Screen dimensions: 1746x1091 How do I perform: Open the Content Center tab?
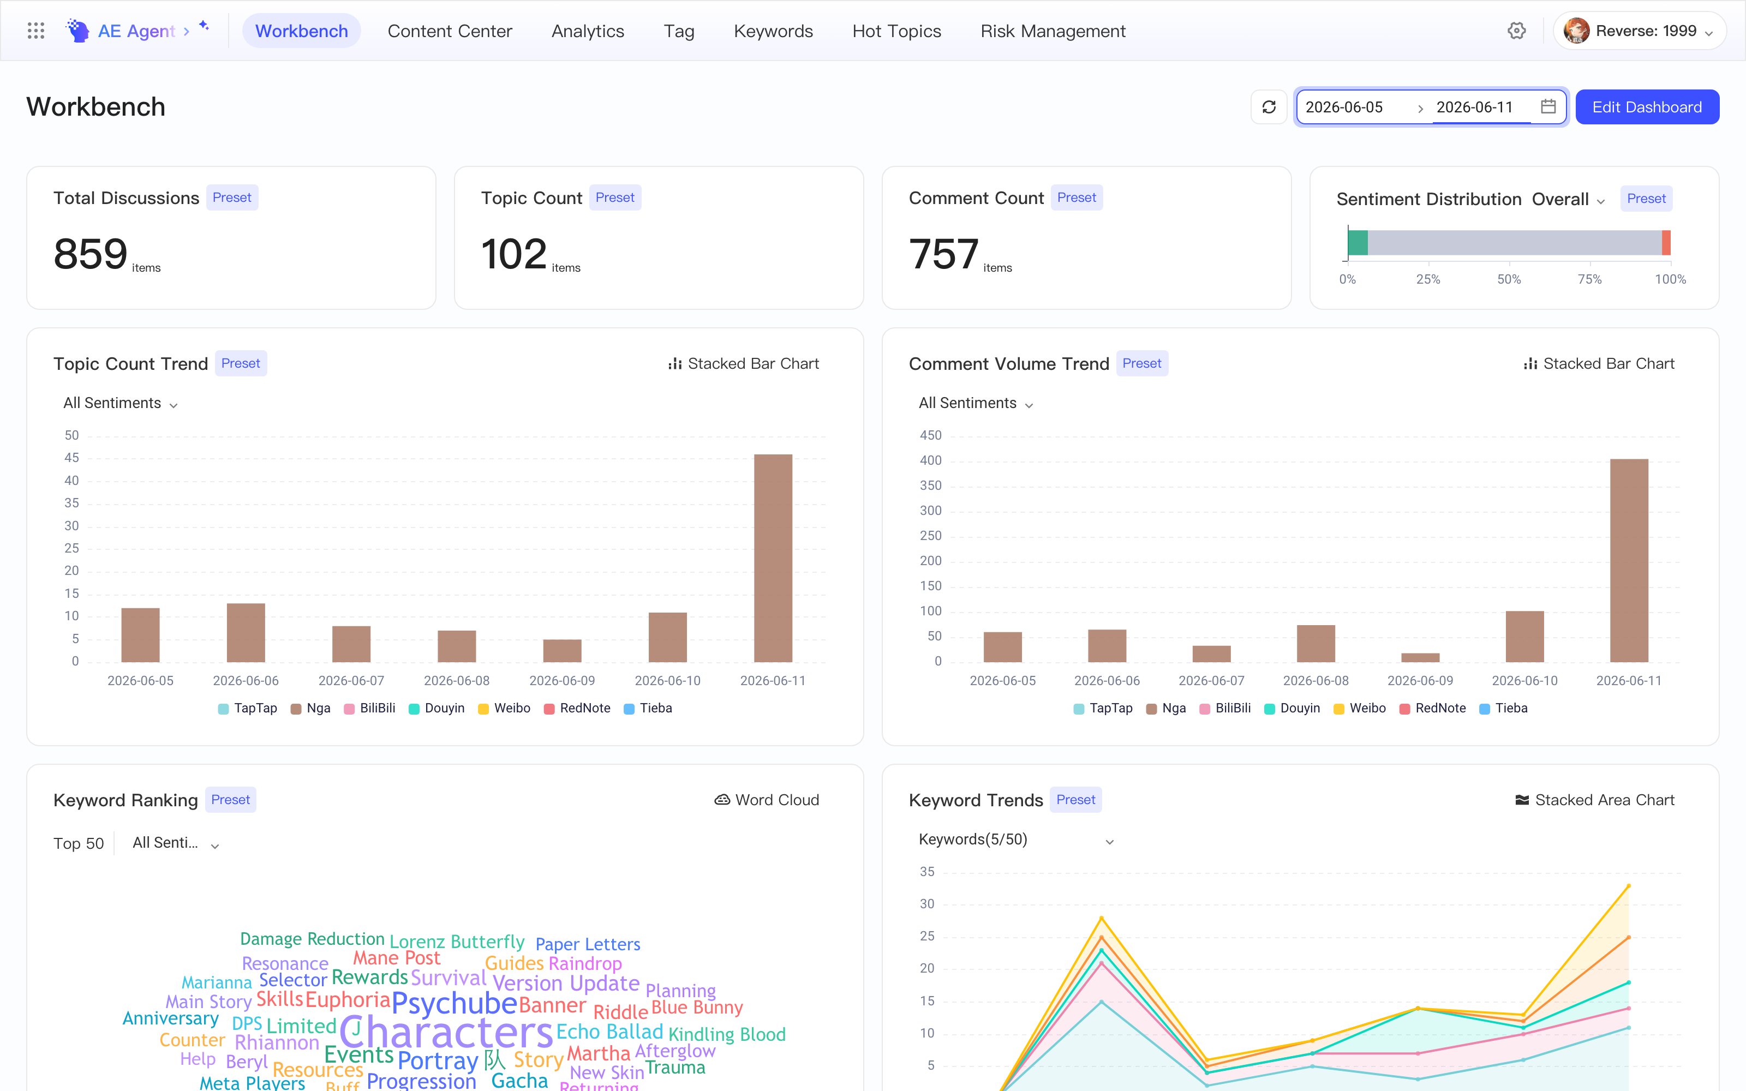coord(450,31)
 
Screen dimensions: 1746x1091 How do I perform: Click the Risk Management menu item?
coord(1053,31)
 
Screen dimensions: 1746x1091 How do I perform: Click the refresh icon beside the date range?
coord(1269,107)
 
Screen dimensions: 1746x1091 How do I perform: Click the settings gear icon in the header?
coord(1517,31)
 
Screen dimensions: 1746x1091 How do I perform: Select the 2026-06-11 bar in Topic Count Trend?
coord(773,558)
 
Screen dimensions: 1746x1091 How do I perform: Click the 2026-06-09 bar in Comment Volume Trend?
coord(1420,657)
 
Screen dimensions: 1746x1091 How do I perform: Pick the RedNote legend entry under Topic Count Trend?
coord(577,708)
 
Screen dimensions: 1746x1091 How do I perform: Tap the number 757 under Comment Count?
coord(944,254)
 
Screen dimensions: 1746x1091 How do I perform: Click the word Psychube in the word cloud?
coord(454,1004)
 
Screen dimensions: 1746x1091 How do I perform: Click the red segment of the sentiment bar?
coord(1666,242)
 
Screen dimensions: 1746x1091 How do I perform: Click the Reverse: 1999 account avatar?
coord(1576,31)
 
